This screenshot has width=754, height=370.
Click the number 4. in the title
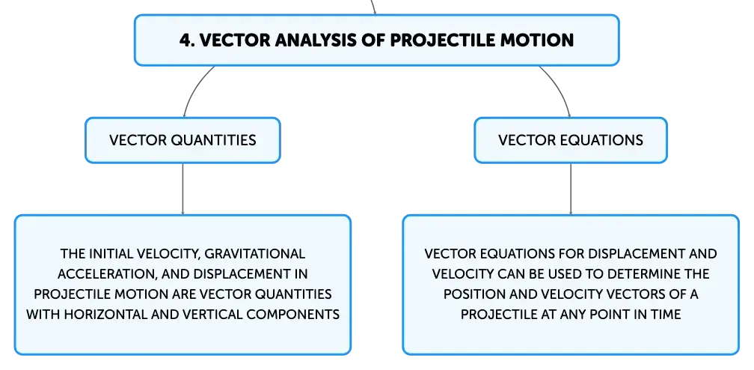[186, 40]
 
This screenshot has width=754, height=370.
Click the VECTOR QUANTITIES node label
[183, 140]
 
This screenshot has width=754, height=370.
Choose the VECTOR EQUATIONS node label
[571, 140]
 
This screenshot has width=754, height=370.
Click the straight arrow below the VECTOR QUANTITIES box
[183, 189]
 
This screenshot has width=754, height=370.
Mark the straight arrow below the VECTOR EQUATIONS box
[571, 189]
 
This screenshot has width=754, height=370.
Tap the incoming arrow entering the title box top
[373, 7]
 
